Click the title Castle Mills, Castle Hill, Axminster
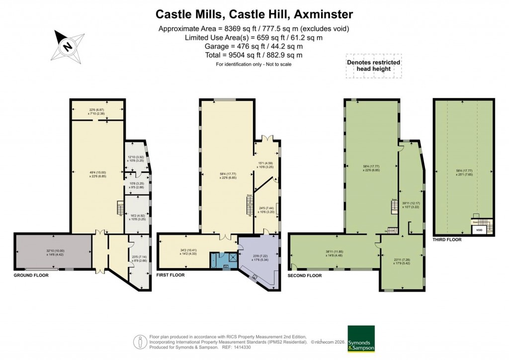pos(254,13)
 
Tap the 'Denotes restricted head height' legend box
pos(373,66)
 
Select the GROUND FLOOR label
pos(31,274)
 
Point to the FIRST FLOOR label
pos(170,274)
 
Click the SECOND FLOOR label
pos(305,275)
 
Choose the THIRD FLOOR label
pos(447,240)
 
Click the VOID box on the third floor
pos(479,230)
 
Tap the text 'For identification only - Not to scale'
pos(254,64)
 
